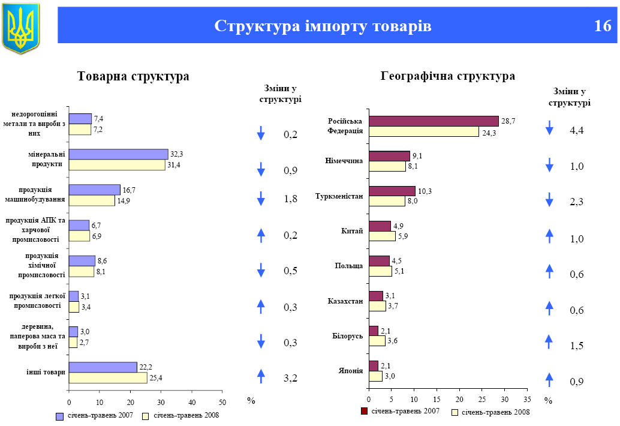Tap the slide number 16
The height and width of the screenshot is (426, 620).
tap(603, 26)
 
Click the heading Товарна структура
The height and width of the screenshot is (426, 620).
tap(133, 76)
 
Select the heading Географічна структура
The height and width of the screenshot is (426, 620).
tap(447, 76)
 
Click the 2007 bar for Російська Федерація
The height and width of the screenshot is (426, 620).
tap(434, 121)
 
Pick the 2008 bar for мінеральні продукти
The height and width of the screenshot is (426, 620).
tap(117, 165)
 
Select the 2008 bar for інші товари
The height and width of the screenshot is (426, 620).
tap(108, 378)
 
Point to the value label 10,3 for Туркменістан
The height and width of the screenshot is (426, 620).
tap(425, 191)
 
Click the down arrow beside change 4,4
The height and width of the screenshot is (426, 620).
tap(549, 128)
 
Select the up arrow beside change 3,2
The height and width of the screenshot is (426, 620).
tap(261, 376)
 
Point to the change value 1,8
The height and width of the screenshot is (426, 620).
tap(290, 199)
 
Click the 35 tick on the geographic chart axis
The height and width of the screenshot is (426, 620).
tap(527, 398)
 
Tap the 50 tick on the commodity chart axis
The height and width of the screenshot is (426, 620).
tap(222, 401)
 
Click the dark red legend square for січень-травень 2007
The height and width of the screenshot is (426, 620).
tap(363, 412)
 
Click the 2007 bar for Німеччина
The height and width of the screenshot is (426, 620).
tap(389, 157)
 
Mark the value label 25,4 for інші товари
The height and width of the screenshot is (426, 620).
tap(156, 378)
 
